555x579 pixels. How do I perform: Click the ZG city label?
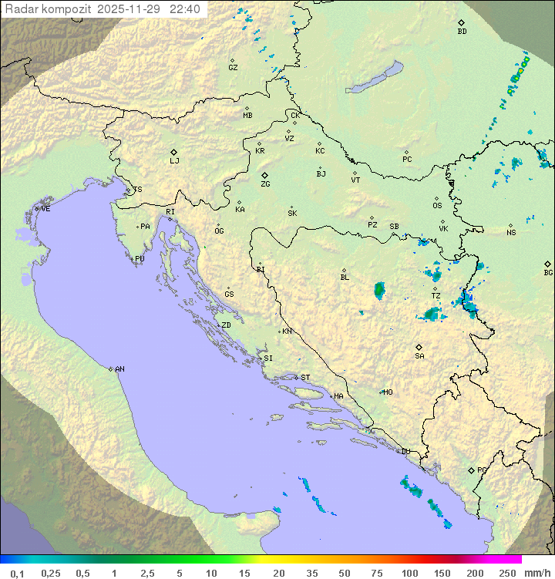[265, 185]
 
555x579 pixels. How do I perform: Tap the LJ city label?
[174, 161]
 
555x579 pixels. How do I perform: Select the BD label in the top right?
[462, 32]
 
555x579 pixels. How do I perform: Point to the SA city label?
[419, 356]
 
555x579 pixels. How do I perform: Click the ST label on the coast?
[305, 378]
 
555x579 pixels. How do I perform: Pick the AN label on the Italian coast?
[119, 369]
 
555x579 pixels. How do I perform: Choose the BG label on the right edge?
[548, 273]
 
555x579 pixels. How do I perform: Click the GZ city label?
[233, 68]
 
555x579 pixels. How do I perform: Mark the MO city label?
[388, 392]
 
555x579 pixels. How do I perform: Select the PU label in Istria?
[140, 259]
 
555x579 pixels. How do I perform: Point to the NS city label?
[511, 233]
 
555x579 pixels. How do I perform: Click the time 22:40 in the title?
[186, 9]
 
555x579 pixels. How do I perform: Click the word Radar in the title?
[21, 9]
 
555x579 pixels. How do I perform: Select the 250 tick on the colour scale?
[507, 573]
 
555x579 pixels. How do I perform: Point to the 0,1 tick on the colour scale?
[17, 573]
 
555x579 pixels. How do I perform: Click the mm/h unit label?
[536, 573]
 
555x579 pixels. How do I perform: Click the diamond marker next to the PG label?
[471, 470]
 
